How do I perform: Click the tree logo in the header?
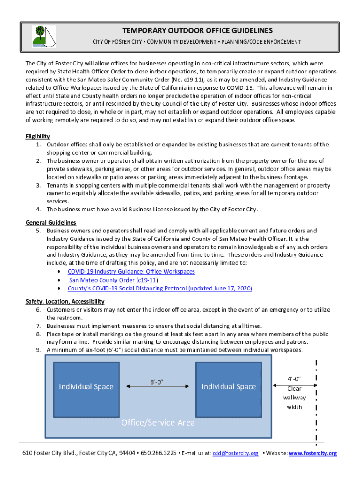pyautogui.click(x=43, y=36)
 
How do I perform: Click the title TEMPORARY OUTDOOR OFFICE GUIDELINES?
pyautogui.click(x=197, y=31)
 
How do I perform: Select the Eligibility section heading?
pyautogui.click(x=37, y=136)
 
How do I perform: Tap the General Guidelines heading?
pyautogui.click(x=50, y=222)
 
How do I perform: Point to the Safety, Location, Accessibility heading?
pyautogui.click(x=65, y=301)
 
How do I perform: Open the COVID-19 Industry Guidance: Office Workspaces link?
pyautogui.click(x=131, y=271)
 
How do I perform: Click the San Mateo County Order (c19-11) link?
pyautogui.click(x=112, y=280)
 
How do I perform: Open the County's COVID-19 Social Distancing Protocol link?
pyautogui.click(x=160, y=288)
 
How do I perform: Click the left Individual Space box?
pyautogui.click(x=86, y=386)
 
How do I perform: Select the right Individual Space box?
pyautogui.click(x=229, y=386)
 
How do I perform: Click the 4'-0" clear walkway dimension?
pyautogui.click(x=294, y=378)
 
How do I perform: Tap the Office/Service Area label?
pyautogui.click(x=158, y=422)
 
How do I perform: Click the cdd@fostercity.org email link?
pyautogui.click(x=235, y=453)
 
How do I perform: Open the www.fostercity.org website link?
pyautogui.click(x=313, y=453)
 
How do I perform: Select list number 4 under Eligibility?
pyautogui.click(x=39, y=209)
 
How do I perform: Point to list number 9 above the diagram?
pyautogui.click(x=39, y=349)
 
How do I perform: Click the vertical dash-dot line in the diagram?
pyautogui.click(x=317, y=402)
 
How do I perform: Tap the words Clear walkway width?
pyautogui.click(x=294, y=398)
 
